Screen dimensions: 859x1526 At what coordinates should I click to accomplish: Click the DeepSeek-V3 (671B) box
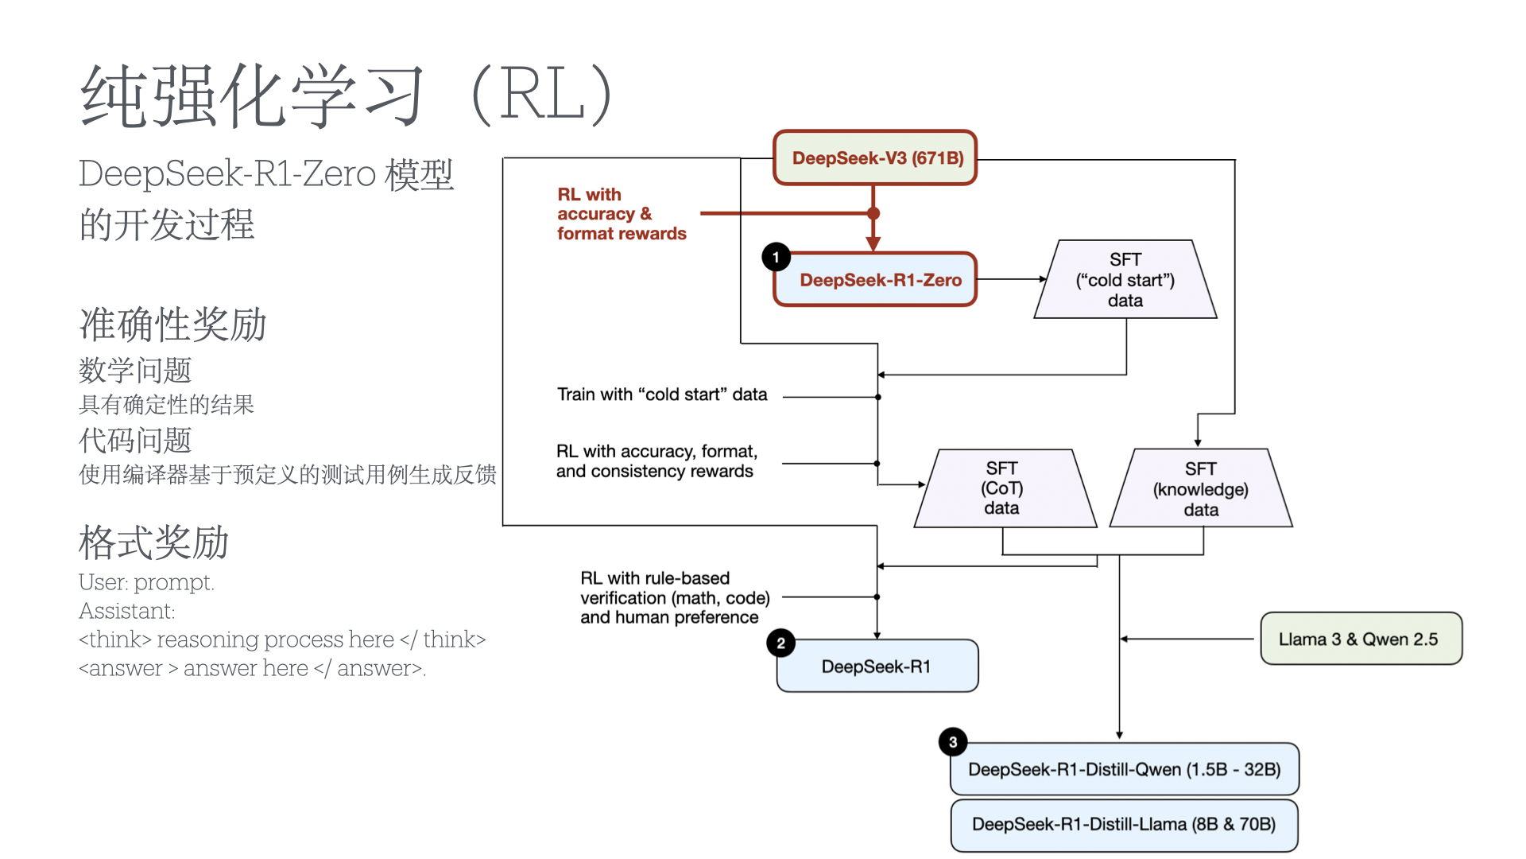(875, 158)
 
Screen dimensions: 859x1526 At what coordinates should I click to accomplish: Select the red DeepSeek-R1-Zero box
(875, 280)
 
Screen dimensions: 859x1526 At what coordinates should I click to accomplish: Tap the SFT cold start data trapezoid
(1125, 280)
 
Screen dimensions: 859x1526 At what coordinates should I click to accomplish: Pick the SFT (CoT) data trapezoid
(1003, 488)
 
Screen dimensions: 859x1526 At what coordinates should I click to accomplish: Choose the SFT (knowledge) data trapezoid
(1201, 489)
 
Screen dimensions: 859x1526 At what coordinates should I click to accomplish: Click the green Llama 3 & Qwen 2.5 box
(1361, 639)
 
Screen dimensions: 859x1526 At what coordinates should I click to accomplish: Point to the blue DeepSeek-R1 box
(877, 667)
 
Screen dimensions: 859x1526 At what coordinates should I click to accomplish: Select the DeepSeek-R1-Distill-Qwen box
(1124, 769)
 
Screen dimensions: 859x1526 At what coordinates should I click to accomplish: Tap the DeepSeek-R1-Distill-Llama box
(1124, 825)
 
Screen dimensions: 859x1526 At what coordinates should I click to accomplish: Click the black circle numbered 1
(776, 257)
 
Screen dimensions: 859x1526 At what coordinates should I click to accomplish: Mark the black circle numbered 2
(780, 643)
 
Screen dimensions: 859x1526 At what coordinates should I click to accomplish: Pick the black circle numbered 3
(952, 742)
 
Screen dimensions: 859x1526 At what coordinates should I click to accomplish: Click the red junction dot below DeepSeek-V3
(873, 213)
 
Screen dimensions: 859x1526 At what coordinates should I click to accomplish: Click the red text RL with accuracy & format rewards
(621, 214)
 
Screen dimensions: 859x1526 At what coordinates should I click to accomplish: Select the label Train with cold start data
(662, 395)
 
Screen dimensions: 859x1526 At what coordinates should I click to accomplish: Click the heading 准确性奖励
(172, 325)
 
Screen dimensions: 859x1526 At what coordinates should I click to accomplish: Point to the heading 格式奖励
(153, 542)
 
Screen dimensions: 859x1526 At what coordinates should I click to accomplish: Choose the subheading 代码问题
(135, 440)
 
